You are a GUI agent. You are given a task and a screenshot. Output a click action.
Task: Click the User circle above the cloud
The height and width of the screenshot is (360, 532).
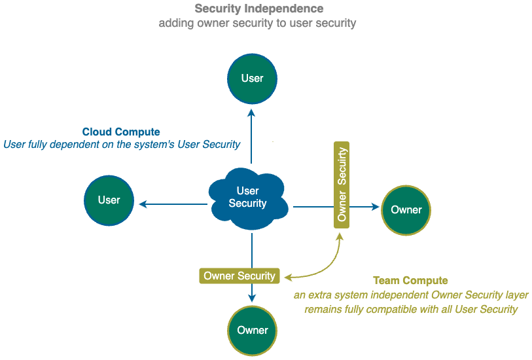click(x=252, y=79)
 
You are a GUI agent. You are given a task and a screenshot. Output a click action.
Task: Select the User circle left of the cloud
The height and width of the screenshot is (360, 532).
click(x=109, y=200)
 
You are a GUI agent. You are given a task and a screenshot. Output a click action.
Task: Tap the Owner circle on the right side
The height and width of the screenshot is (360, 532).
click(x=406, y=209)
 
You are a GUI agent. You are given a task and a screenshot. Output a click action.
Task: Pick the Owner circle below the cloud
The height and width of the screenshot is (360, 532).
click(x=253, y=330)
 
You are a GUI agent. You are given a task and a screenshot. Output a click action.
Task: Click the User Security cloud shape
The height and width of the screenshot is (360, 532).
click(x=247, y=198)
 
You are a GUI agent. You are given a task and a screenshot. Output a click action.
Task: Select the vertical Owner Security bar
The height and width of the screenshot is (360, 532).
click(x=342, y=184)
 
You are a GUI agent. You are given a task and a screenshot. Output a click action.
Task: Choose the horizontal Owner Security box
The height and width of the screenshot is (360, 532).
click(x=239, y=276)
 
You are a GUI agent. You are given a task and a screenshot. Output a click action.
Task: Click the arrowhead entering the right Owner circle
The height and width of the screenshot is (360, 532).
click(x=376, y=207)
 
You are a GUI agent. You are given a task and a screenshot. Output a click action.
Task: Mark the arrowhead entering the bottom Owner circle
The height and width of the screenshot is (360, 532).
click(x=252, y=298)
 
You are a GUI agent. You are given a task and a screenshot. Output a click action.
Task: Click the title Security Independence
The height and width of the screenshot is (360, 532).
click(x=259, y=9)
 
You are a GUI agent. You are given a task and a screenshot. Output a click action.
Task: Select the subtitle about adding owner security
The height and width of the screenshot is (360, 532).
click(x=257, y=24)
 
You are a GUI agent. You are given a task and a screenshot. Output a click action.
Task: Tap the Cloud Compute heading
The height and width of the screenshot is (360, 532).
click(x=121, y=132)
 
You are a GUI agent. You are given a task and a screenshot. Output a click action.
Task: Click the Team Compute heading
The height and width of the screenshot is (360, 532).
click(x=410, y=281)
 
